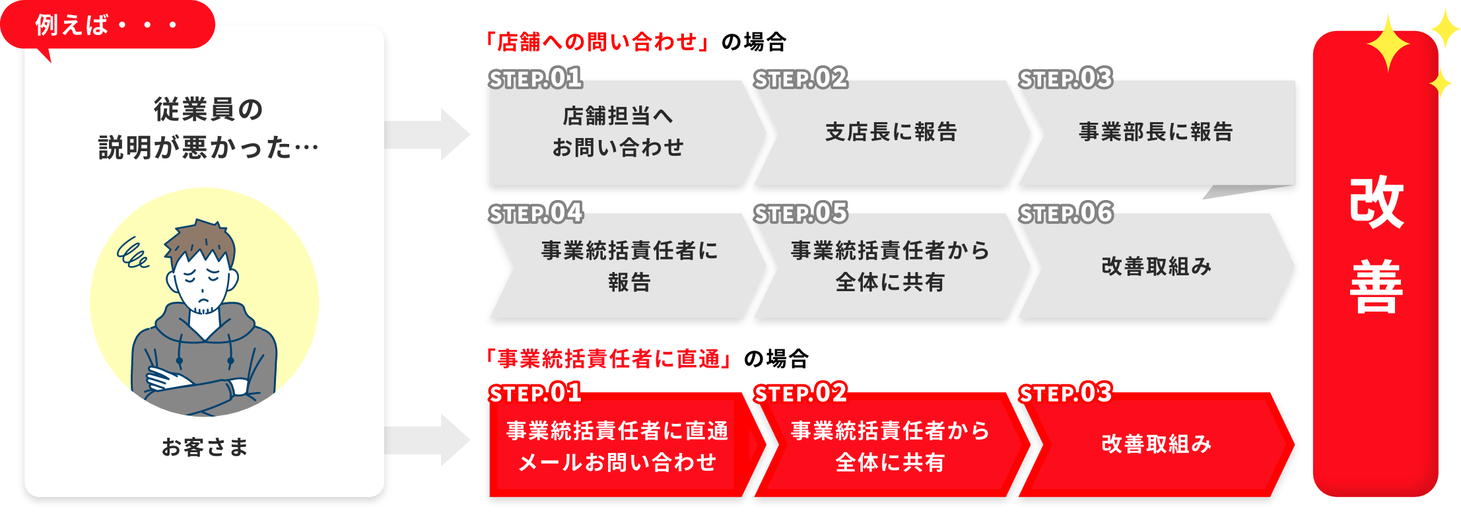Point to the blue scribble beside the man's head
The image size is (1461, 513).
point(132,254)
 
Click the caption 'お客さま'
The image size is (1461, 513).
point(205,447)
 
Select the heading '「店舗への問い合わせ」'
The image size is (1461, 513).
point(596,42)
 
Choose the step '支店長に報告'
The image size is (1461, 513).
point(891,132)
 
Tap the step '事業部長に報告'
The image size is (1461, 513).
point(1155,132)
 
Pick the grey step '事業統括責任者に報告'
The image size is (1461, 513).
point(629,266)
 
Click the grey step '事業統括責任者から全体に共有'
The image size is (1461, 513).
point(890,266)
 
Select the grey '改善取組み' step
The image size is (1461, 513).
point(1156,266)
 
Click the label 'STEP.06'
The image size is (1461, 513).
point(1066,213)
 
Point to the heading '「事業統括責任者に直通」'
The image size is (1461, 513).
point(607,359)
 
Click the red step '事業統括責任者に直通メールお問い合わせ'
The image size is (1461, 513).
point(617,446)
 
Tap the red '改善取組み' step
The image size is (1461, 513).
point(1156,444)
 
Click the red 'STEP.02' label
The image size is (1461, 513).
point(800,393)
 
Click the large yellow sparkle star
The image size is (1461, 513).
point(1388,43)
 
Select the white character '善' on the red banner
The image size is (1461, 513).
point(1376,287)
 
